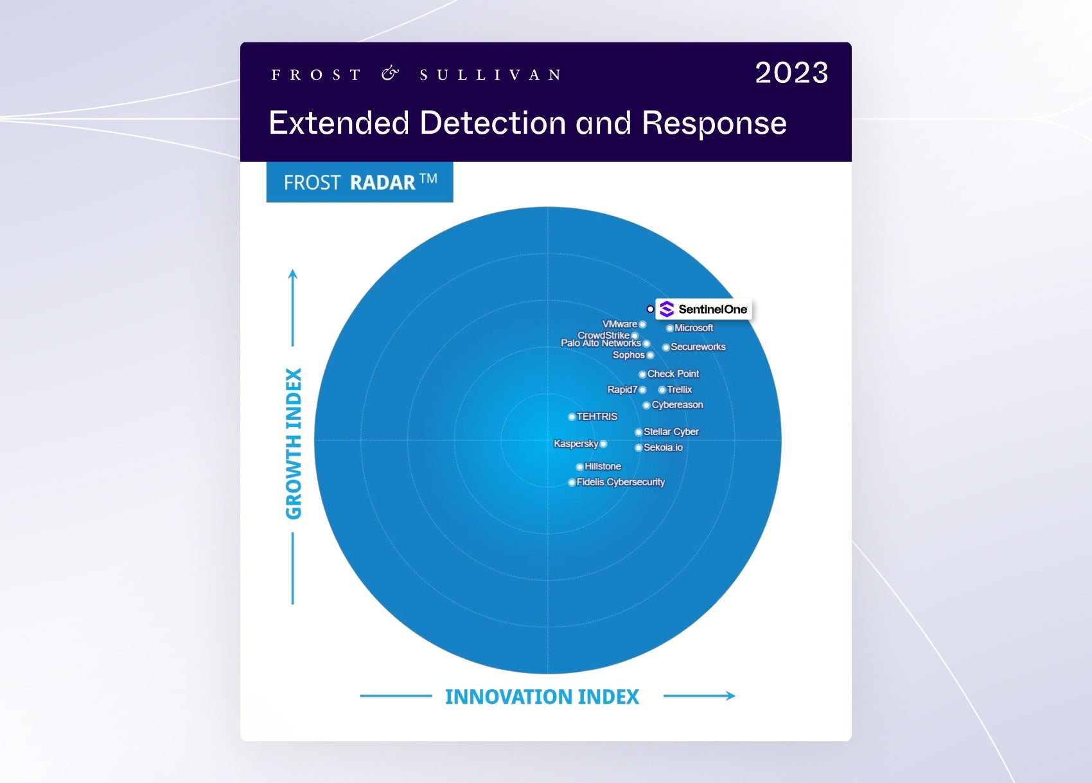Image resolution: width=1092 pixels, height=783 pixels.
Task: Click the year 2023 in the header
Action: [791, 73]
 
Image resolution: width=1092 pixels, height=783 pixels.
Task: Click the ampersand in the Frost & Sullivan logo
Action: [390, 74]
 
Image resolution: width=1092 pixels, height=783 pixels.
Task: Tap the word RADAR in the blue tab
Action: [383, 183]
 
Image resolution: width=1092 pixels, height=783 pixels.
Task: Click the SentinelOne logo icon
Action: [667, 309]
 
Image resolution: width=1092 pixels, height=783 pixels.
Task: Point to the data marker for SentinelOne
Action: [650, 309]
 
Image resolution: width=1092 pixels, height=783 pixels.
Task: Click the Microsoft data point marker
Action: [669, 328]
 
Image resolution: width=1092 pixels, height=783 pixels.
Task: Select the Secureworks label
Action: [698, 347]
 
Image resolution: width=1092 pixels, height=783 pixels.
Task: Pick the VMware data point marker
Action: [642, 325]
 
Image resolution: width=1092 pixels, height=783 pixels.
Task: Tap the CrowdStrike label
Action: [603, 335]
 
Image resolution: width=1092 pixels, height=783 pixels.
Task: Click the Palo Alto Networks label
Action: [601, 343]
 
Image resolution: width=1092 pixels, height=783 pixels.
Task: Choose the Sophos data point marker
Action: [650, 355]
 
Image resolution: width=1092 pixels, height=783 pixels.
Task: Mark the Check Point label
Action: [673, 374]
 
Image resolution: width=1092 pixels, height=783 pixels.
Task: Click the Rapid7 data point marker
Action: [642, 390]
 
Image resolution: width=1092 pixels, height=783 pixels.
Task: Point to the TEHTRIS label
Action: [597, 417]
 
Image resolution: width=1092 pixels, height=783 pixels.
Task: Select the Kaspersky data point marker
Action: [603, 444]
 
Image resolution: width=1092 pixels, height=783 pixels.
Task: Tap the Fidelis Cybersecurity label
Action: [621, 482]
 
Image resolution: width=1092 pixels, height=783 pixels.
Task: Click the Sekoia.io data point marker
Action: [638, 448]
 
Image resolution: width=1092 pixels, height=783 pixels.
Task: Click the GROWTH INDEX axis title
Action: [294, 443]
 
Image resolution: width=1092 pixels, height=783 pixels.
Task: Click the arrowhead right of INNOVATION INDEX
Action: [730, 696]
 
